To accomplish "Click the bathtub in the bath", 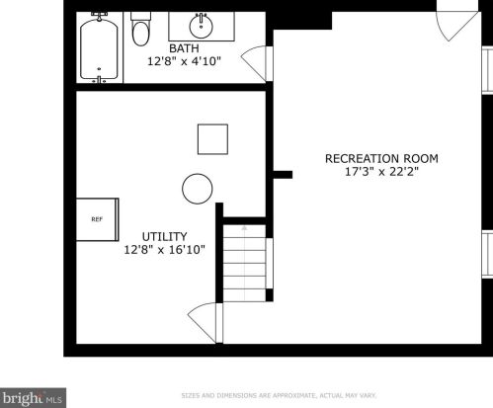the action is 99,48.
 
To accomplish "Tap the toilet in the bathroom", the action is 140,29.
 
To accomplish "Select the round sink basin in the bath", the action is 201,26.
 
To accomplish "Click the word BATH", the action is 184,48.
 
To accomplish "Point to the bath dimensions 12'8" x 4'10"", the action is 184,61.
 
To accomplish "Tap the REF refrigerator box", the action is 97,219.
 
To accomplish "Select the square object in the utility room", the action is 212,139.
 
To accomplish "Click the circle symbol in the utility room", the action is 198,189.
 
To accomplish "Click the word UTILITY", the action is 164,237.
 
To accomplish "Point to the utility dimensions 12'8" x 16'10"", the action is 164,250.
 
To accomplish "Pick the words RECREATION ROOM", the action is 381,159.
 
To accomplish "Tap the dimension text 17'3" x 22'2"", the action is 381,172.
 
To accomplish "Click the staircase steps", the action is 245,264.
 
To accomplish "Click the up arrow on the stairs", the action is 244,228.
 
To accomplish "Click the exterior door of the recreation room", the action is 457,26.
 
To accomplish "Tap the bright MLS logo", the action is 33,398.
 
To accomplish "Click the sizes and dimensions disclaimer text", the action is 279,395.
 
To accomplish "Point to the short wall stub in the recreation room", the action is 283,175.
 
